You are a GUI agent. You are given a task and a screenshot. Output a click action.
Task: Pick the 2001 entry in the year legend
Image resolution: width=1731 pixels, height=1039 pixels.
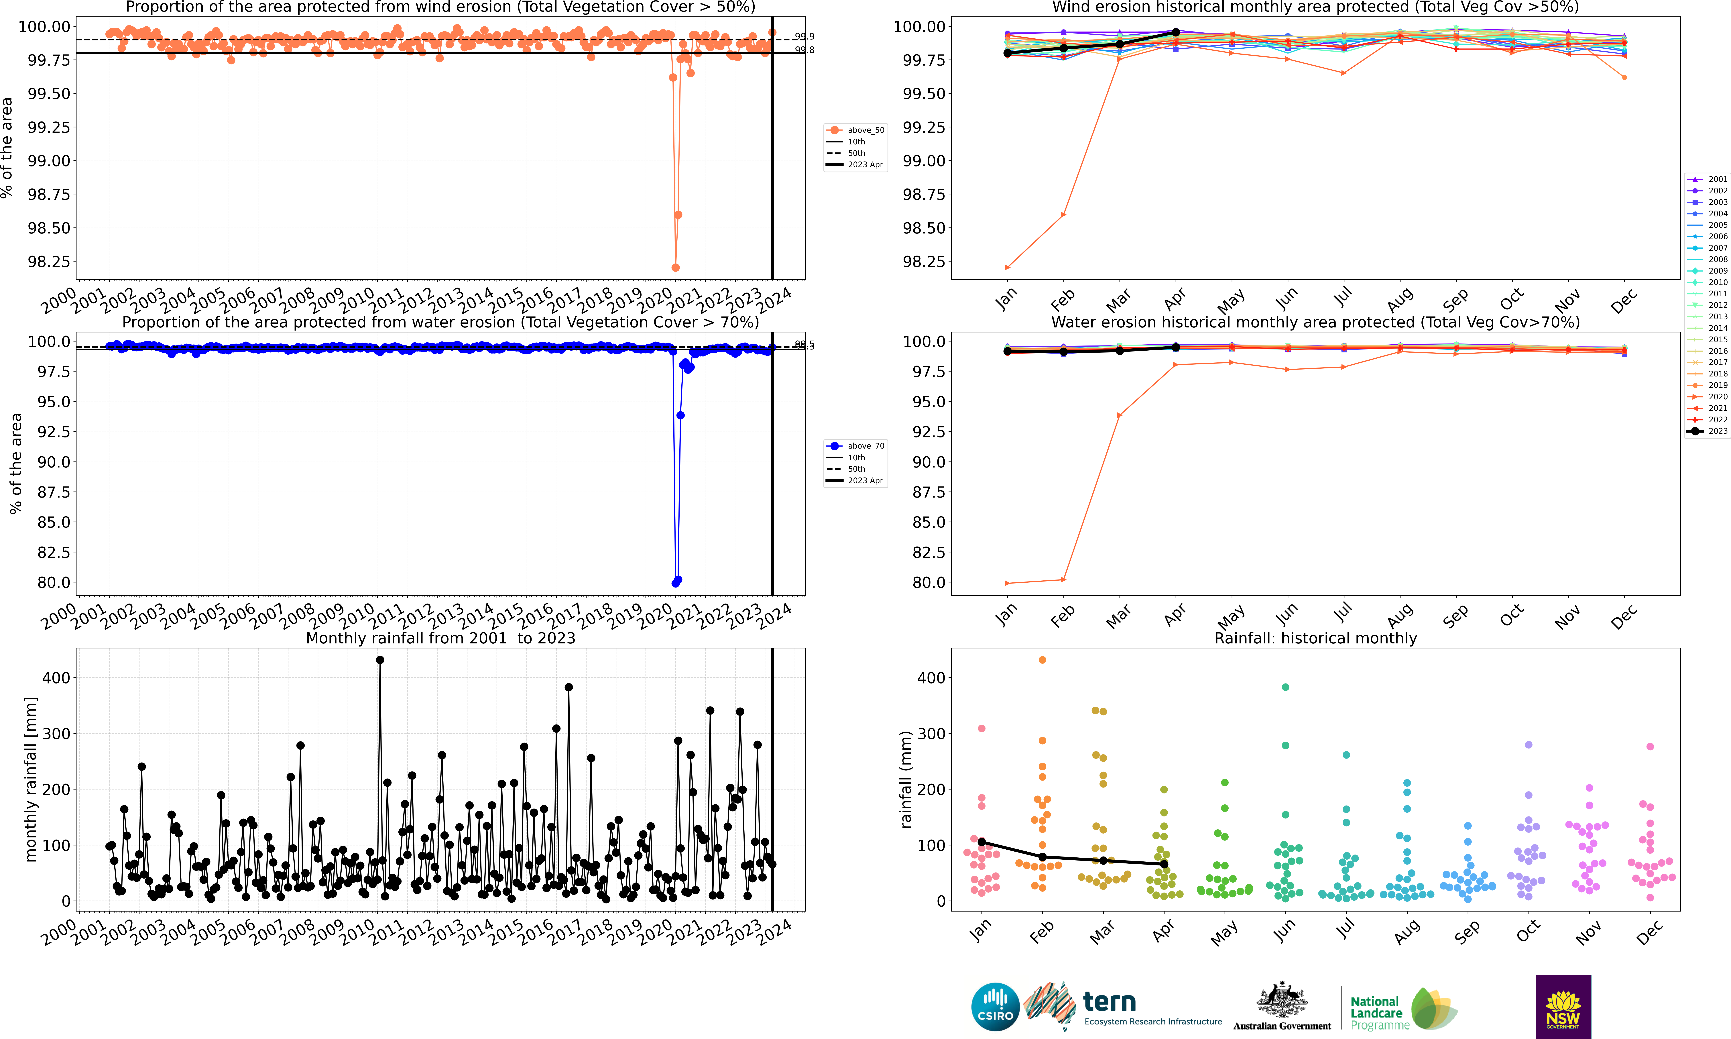[x=1708, y=179]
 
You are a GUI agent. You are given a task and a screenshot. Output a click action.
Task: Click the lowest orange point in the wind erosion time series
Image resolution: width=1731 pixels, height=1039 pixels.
[x=675, y=268]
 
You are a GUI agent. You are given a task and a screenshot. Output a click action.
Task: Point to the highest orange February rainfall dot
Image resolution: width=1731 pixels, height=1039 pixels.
[x=1042, y=659]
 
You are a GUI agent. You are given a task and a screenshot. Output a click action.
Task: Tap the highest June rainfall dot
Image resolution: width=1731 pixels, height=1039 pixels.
[x=1285, y=687]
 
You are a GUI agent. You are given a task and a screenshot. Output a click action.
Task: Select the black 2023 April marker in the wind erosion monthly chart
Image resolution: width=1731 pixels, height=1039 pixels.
[x=1176, y=32]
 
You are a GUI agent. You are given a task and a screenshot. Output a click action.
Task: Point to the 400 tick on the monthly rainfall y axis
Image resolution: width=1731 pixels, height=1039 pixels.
[x=56, y=678]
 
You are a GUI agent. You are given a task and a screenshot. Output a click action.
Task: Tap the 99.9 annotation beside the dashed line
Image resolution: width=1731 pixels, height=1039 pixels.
[x=804, y=36]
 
